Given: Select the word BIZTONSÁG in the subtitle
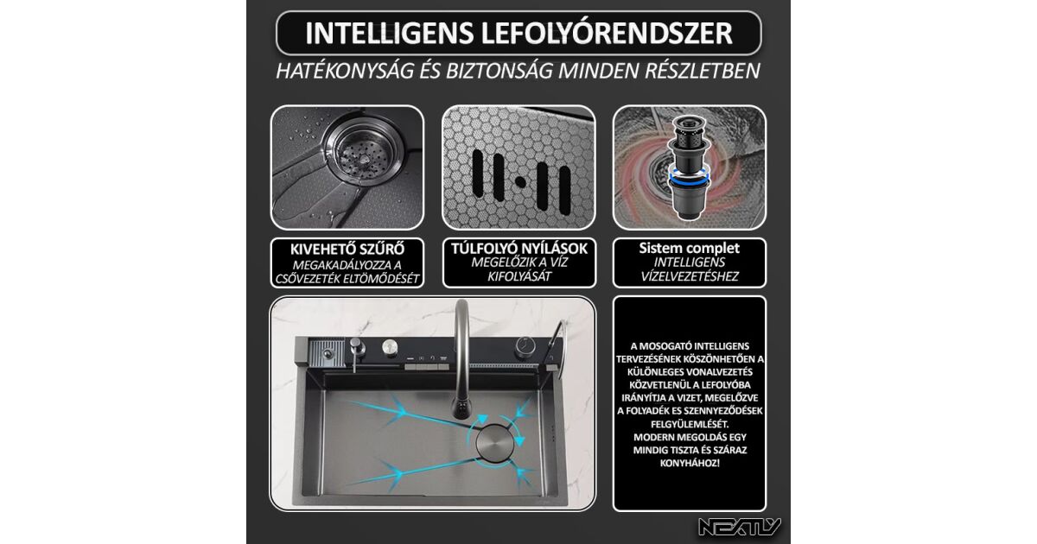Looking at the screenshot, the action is tap(499, 70).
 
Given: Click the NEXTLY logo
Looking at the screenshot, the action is tap(740, 527).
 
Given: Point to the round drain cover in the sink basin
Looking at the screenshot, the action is tap(494, 443).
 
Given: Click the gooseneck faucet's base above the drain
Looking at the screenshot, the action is tap(461, 410).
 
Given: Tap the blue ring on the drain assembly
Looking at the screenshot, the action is tap(689, 178).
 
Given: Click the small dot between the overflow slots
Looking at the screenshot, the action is tap(520, 182).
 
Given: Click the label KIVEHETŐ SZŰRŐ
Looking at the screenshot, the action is tap(347, 250).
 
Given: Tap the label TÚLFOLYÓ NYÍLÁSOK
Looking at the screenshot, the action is tap(519, 249).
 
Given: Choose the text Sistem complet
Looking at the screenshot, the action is tap(690, 248).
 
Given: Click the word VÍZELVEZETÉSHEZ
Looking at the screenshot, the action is tap(690, 276).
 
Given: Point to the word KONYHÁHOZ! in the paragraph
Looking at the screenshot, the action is tap(690, 463).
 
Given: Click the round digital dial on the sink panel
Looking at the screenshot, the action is tap(526, 347).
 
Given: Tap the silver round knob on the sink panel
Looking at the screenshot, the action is tap(390, 347).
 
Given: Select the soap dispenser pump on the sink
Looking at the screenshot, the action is tap(356, 351).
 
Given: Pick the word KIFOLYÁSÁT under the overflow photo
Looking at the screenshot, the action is tap(519, 276).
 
